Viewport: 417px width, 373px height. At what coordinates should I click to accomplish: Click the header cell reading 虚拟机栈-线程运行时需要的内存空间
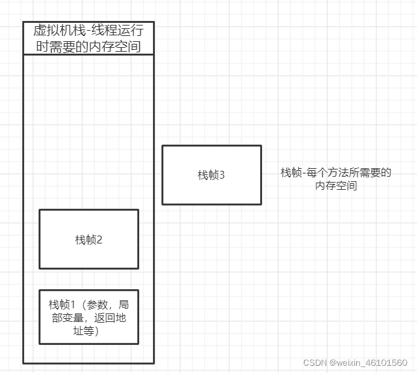[x=88, y=38]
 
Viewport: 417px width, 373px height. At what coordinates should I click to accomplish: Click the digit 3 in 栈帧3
[x=222, y=175]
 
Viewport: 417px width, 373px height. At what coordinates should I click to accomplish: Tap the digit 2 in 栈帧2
[x=99, y=240]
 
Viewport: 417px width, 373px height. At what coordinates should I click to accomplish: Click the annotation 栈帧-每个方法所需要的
[x=336, y=173]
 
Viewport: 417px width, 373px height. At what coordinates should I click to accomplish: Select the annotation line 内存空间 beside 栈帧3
[x=336, y=186]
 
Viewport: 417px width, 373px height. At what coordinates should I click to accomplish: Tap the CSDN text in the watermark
[x=316, y=362]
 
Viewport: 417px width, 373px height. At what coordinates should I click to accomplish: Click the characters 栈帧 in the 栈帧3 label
[x=207, y=175]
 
